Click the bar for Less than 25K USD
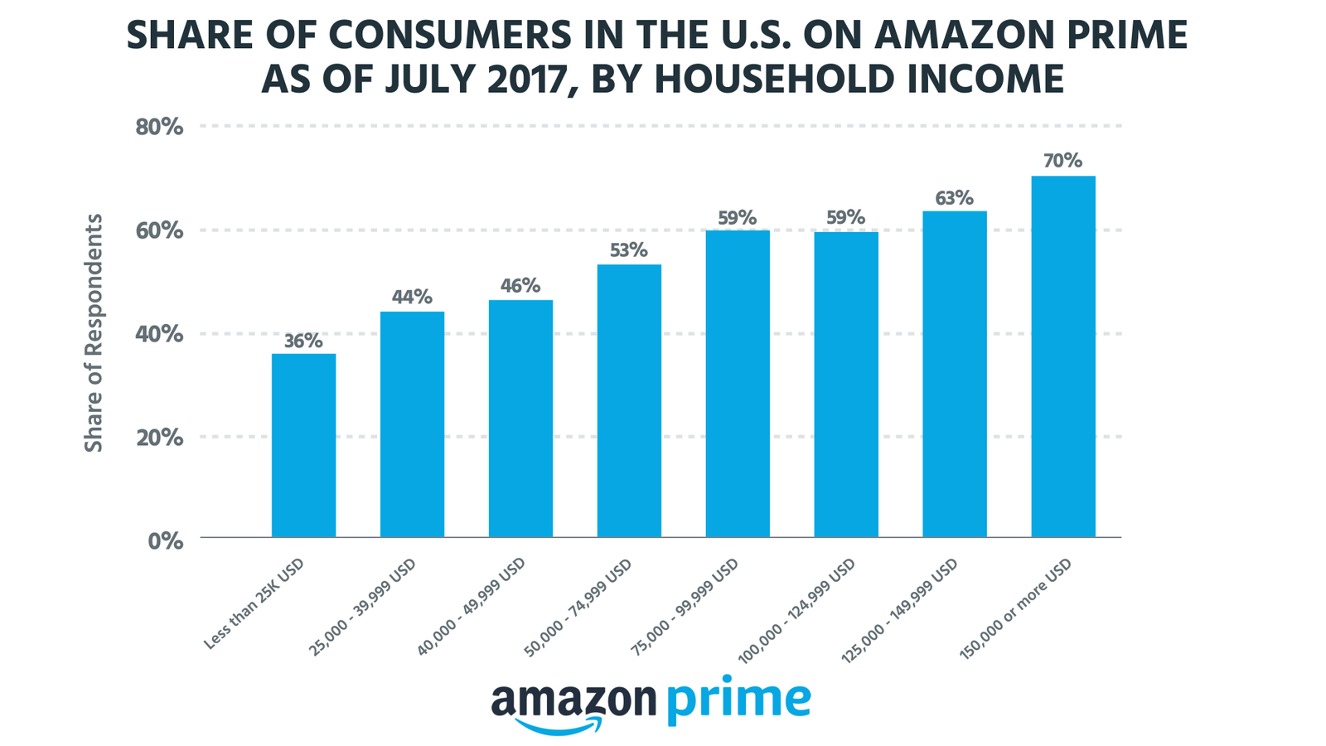click(x=303, y=446)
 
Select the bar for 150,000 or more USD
click(x=1063, y=356)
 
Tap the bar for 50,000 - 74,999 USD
click(x=629, y=401)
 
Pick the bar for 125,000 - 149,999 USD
click(x=955, y=375)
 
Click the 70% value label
click(x=1063, y=161)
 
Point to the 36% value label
click(x=303, y=341)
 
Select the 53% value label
click(x=629, y=250)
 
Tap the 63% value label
click(x=955, y=198)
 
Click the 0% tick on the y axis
click(x=166, y=540)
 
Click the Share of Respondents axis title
click(x=94, y=333)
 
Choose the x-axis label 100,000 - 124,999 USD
click(x=796, y=609)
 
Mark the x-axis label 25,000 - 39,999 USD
click(x=363, y=607)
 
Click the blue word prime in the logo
click(x=738, y=700)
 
